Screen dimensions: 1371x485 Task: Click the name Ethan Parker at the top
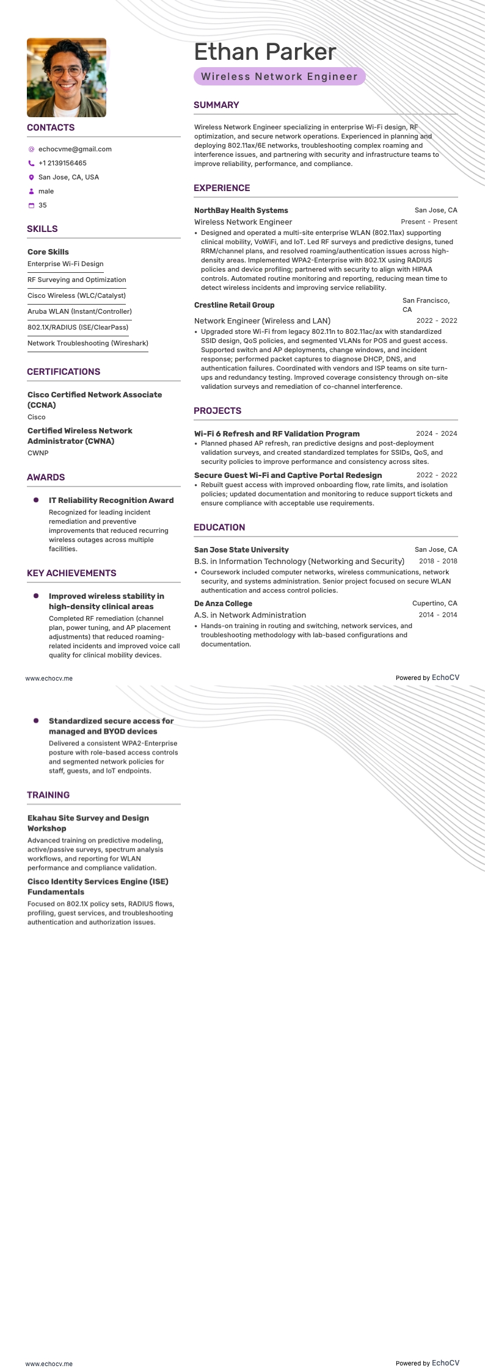point(264,52)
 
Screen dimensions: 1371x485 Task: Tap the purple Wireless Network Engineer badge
point(279,76)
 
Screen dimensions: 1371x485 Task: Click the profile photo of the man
point(67,78)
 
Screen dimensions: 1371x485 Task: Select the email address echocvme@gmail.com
point(75,149)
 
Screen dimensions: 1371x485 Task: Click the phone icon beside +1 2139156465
point(31,163)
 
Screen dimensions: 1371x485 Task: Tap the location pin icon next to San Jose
point(31,177)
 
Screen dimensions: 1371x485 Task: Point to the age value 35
point(42,205)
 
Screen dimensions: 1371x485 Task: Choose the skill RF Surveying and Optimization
point(76,280)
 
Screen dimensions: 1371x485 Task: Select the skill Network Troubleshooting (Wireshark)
point(87,343)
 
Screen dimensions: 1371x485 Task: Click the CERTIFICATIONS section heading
point(64,372)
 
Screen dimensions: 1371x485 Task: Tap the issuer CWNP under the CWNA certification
point(38,453)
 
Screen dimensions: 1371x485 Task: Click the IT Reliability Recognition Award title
point(111,500)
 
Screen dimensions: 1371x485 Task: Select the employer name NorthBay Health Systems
point(241,210)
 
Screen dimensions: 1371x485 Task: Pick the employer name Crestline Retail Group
point(234,305)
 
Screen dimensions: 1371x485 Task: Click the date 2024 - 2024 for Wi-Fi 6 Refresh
point(436,433)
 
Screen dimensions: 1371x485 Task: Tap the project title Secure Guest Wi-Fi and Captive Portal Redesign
point(288,475)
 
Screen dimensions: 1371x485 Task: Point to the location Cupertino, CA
point(434,603)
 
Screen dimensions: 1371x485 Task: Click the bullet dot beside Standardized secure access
point(36,721)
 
